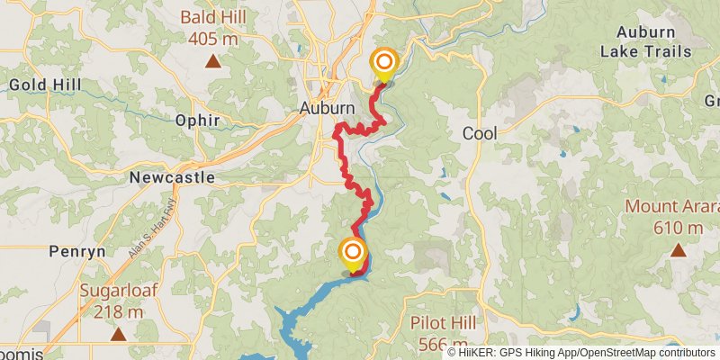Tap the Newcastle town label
tap(171, 177)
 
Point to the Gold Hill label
tap(45, 85)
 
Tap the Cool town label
tap(479, 133)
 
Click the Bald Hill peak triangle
tap(212, 61)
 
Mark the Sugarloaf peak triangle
tap(118, 335)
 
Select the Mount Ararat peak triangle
tap(677, 250)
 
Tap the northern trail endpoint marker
tap(384, 63)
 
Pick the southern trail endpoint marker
tap(353, 252)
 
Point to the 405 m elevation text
tap(212, 39)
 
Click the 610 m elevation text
tap(677, 228)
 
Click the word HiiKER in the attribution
tap(480, 352)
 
